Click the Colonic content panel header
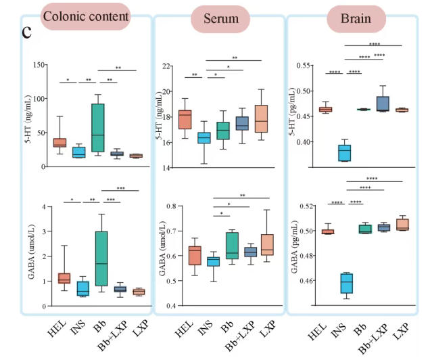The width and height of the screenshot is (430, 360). (86, 15)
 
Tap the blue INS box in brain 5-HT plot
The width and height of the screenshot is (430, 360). (344, 154)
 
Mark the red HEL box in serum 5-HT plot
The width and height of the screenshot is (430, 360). (184, 119)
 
